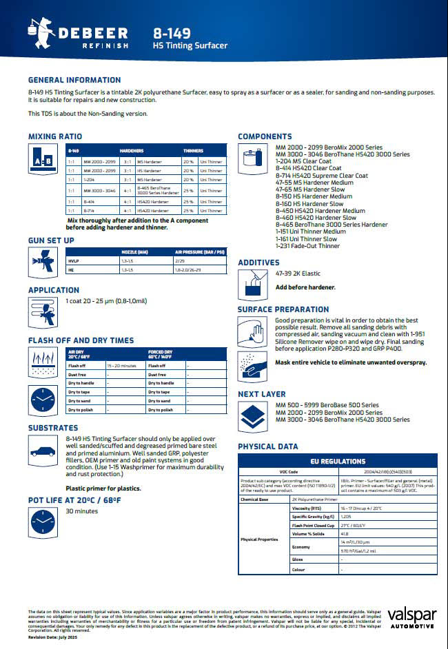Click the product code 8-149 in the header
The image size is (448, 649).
(172, 32)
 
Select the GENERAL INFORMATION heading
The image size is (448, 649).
(74, 80)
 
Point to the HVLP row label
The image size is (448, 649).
(74, 262)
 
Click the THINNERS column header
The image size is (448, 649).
(194, 150)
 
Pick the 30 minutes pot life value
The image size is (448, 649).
(81, 511)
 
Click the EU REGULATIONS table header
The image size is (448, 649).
(338, 462)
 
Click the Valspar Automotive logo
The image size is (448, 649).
(411, 618)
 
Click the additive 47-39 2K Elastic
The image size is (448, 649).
(298, 274)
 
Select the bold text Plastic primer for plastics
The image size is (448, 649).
(103, 488)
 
